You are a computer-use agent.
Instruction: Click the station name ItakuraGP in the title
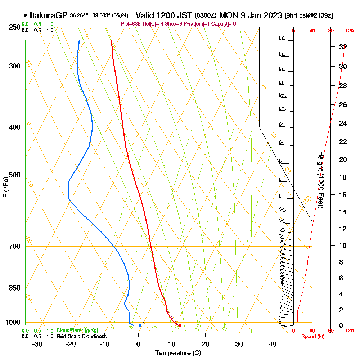(49, 15)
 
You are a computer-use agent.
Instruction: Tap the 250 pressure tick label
(14, 27)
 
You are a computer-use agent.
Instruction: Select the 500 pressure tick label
(14, 175)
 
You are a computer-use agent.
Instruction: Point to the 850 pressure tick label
(14, 288)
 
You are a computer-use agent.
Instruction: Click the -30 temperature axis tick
(37, 344)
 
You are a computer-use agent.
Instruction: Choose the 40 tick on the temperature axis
(273, 344)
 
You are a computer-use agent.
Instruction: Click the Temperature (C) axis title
(178, 353)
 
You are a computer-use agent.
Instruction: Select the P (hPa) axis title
(5, 187)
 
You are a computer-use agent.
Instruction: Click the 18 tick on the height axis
(343, 177)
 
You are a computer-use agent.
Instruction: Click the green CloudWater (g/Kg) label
(77, 330)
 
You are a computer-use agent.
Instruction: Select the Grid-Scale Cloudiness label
(81, 336)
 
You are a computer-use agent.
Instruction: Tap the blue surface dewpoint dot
(140, 325)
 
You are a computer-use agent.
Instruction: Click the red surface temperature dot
(180, 325)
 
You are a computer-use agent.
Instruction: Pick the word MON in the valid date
(228, 15)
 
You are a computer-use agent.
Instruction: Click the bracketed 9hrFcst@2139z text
(309, 16)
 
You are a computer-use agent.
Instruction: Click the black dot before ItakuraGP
(25, 15)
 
